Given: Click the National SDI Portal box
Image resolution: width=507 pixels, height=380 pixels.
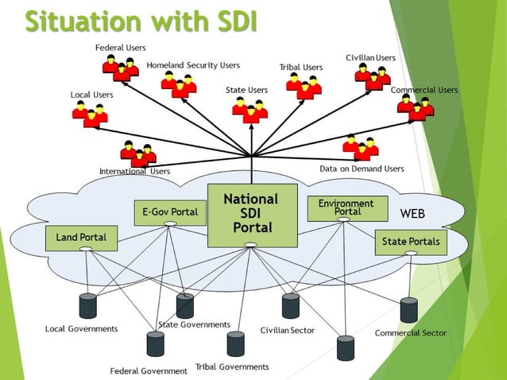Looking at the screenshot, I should (x=251, y=214).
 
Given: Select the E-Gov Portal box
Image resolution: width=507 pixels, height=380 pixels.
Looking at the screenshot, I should (x=170, y=212).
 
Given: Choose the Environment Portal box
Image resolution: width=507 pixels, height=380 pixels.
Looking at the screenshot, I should (x=347, y=208).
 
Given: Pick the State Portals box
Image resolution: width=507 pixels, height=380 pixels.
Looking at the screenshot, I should (x=411, y=241).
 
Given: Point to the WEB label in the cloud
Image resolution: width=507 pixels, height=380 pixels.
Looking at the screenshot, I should (x=412, y=214).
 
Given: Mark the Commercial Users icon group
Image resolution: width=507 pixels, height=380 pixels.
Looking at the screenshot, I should (x=416, y=108).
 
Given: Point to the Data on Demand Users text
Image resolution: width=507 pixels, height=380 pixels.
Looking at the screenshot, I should (x=362, y=169).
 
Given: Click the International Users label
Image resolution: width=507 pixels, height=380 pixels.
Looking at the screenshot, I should (x=134, y=171).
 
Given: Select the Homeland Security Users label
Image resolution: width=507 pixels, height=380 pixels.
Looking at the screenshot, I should (x=193, y=65).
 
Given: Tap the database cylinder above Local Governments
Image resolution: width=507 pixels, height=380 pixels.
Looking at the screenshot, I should (x=87, y=305).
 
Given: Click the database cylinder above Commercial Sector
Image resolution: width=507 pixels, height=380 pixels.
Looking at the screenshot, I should (x=408, y=309).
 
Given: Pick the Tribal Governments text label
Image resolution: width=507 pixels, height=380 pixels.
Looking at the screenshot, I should (x=232, y=367).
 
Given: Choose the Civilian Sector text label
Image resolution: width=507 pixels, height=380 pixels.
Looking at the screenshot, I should (x=288, y=330).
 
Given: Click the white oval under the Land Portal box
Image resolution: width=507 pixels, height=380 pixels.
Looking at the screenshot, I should (x=87, y=250).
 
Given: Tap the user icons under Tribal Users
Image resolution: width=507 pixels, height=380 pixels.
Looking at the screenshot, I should (x=304, y=86).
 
